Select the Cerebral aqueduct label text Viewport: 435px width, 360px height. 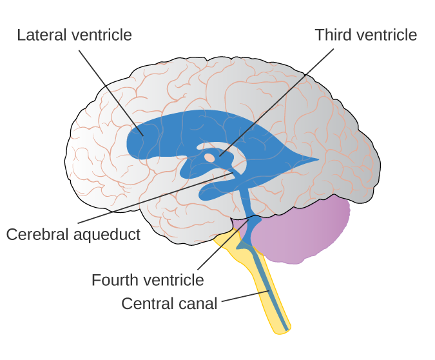tap(73, 234)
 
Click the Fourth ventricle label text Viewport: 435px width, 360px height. tap(148, 281)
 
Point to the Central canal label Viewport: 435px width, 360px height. tap(169, 303)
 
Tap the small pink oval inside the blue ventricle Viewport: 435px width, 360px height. tap(209, 157)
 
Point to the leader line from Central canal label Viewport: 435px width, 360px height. tap(245, 297)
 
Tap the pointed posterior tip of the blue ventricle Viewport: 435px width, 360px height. tap(316, 158)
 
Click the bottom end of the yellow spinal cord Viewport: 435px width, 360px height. tap(282, 329)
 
